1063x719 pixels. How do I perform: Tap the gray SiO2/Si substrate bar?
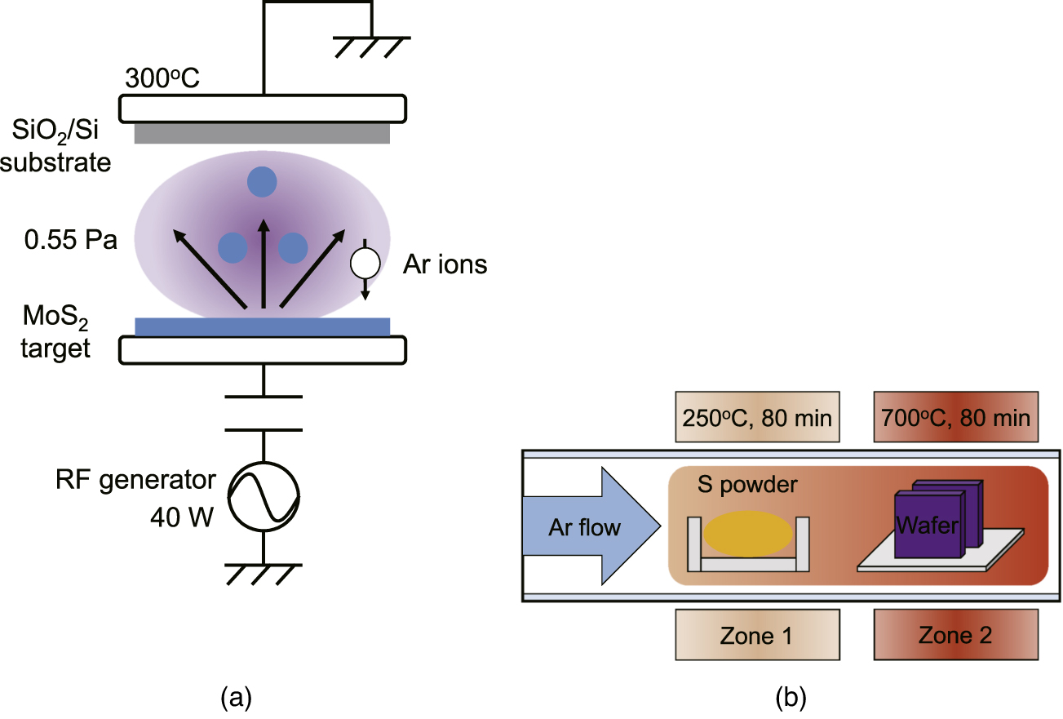(263, 133)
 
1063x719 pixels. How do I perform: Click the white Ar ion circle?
(365, 263)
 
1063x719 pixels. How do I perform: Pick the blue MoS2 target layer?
(262, 326)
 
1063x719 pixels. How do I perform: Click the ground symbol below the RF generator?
(263, 573)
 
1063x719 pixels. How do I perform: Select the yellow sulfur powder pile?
(748, 535)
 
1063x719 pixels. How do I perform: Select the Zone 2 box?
(955, 636)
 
